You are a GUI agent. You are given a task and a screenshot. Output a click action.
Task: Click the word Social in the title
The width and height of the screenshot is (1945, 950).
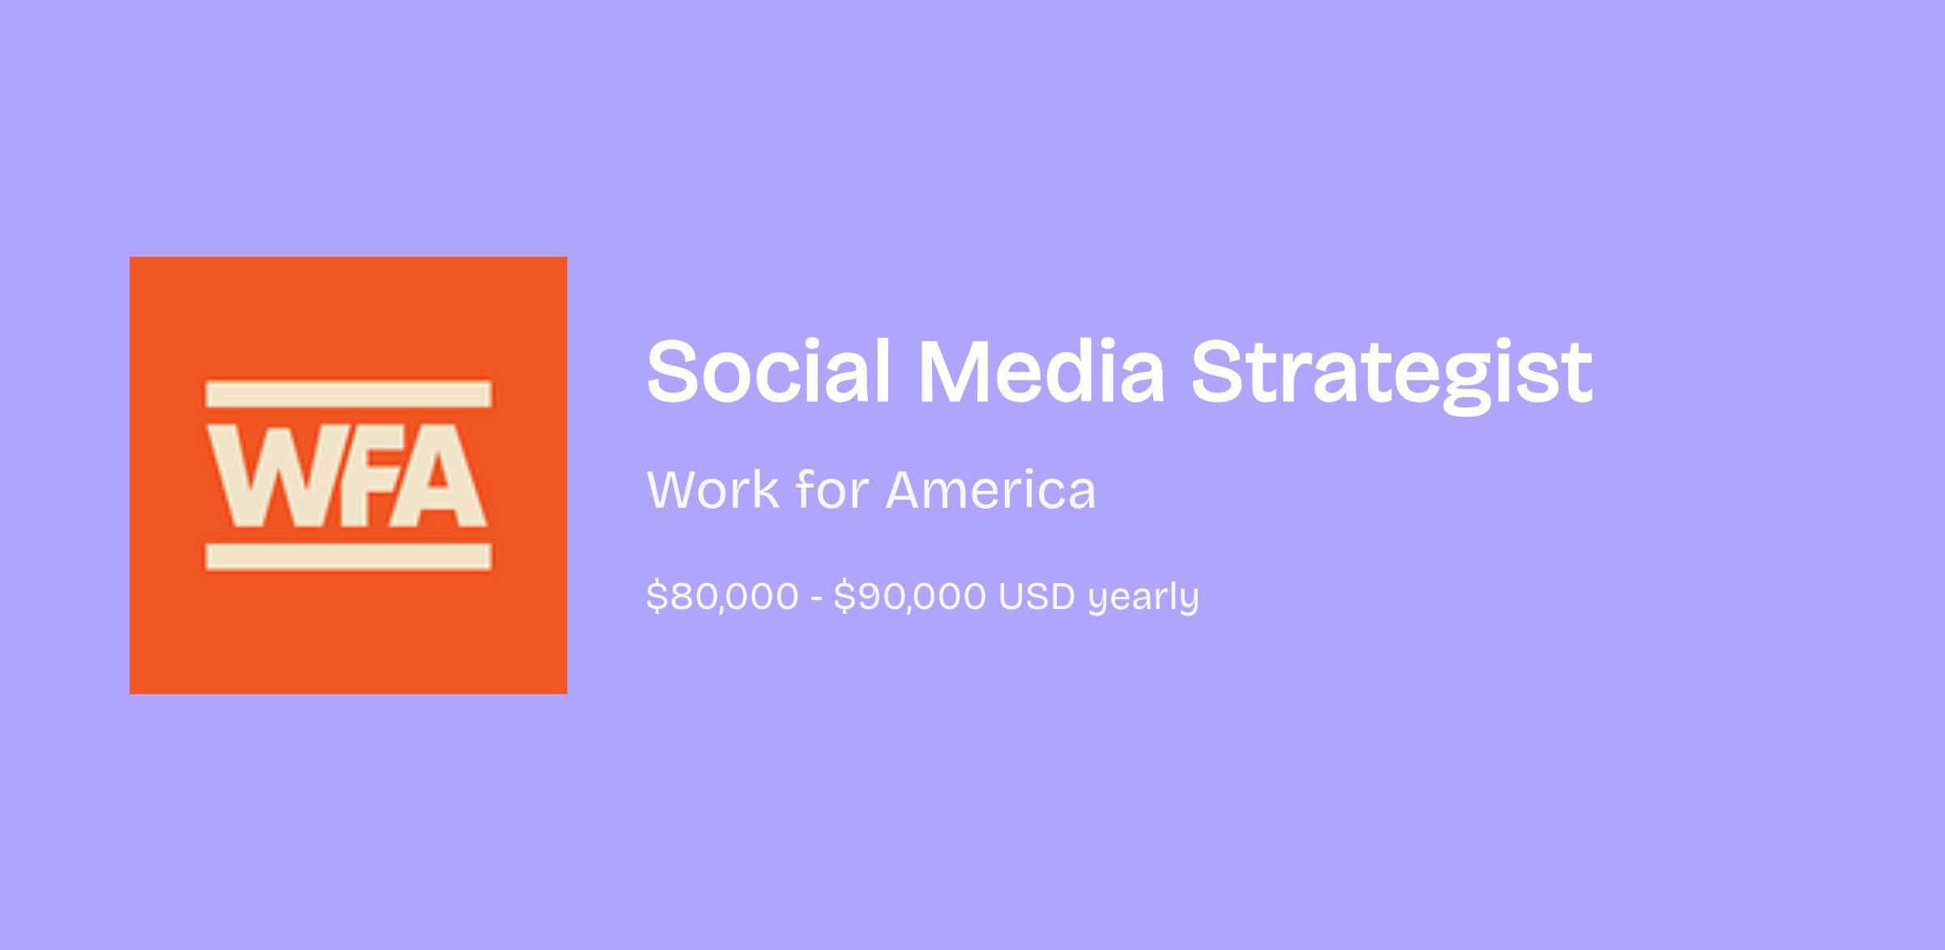click(768, 370)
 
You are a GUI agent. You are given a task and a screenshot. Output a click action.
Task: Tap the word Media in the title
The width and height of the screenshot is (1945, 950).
click(1041, 370)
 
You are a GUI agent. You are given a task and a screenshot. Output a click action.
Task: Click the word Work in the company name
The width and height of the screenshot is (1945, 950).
click(712, 489)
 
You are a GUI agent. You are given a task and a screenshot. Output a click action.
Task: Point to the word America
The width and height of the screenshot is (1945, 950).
click(990, 489)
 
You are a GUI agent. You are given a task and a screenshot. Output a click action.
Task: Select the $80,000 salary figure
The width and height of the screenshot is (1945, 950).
click(722, 597)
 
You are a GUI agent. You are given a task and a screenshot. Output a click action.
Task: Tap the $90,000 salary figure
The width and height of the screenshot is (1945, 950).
click(909, 597)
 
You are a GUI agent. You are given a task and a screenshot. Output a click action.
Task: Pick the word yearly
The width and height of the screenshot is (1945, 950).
click(1143, 599)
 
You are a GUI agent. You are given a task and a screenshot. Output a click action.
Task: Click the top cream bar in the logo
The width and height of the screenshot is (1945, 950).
click(348, 394)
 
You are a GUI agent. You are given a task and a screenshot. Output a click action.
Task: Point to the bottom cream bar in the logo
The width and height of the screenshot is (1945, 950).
click(348, 556)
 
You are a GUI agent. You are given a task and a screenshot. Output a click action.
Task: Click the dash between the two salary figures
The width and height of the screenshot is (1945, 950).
click(816, 599)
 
